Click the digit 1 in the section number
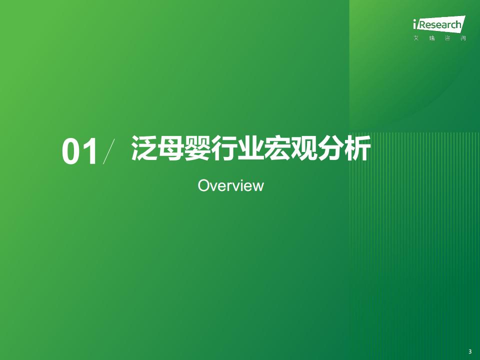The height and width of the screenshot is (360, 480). point(90,151)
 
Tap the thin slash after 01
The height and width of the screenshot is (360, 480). point(109,151)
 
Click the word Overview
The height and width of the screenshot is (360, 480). point(231,185)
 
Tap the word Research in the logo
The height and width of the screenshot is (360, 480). point(440,24)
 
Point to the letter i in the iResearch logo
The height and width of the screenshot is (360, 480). point(415,24)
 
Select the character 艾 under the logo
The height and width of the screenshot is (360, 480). point(416,38)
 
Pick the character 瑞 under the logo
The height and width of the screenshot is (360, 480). point(432,38)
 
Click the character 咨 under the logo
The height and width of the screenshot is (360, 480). point(447,38)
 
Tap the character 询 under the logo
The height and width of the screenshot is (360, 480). point(463,38)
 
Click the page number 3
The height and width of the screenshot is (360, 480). point(470,351)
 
